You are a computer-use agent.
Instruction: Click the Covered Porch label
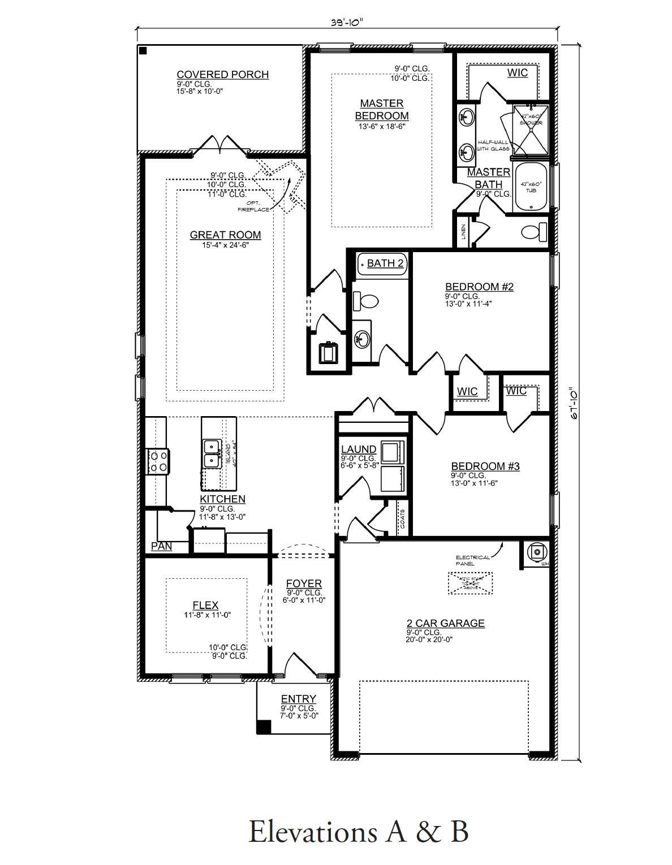tap(222, 75)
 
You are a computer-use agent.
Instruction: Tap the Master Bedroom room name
tap(382, 110)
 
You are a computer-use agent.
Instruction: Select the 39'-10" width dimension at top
tap(347, 23)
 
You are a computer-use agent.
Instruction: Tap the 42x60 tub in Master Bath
tap(531, 187)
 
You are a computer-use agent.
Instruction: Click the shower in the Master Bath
tap(531, 129)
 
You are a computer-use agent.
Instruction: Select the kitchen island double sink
tap(212, 453)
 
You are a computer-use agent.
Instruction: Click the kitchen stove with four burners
tap(158, 461)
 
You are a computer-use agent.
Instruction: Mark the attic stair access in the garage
tap(471, 583)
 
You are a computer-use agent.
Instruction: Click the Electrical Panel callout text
tap(473, 560)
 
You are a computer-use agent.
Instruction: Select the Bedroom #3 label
tap(485, 466)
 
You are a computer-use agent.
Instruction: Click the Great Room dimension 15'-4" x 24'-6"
tap(225, 245)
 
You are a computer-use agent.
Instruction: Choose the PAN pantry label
tap(161, 547)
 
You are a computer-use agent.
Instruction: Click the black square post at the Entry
tap(264, 726)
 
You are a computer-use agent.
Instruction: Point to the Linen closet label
tap(463, 231)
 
